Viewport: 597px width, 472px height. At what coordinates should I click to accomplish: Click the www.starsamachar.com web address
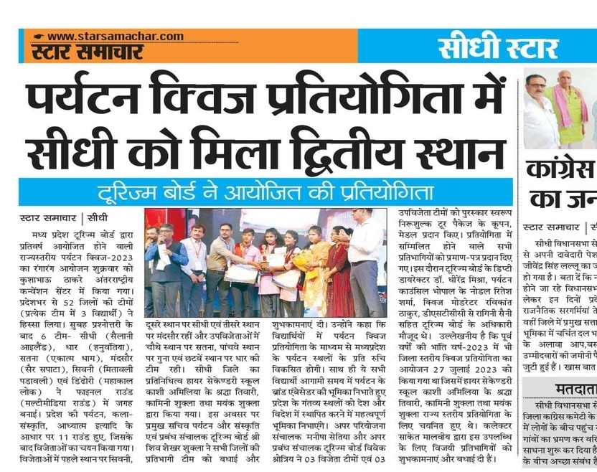(116, 37)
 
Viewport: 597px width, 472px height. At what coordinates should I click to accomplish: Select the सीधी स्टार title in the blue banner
(498, 49)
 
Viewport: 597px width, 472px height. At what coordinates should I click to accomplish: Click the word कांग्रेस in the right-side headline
(560, 171)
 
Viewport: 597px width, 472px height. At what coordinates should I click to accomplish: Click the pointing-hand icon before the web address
(38, 37)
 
